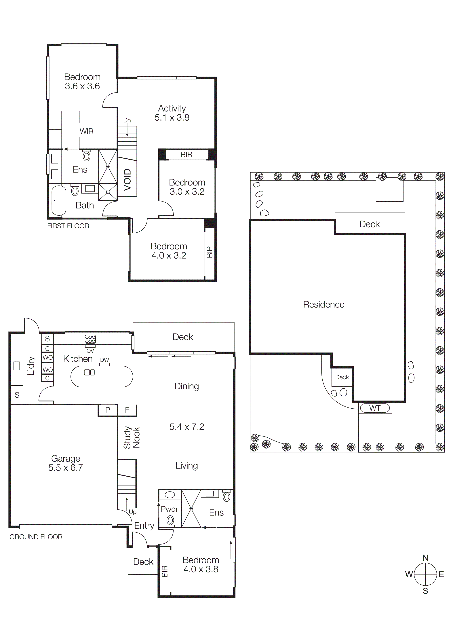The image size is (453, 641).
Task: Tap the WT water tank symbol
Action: pos(375,408)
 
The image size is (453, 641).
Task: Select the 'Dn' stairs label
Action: pos(127,120)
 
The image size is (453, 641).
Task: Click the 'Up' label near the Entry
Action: pos(133,512)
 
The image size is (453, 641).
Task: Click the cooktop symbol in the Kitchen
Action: pos(90,339)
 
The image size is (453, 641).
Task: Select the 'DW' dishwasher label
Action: pos(104,360)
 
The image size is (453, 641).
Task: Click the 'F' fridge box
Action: pos(127,410)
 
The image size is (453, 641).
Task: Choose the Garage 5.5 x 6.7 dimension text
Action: pos(66,468)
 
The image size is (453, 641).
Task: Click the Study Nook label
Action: pos(132,437)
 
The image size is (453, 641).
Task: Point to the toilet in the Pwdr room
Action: pos(170,520)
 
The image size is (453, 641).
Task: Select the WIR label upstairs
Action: pos(87,131)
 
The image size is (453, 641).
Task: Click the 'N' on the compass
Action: pos(425,558)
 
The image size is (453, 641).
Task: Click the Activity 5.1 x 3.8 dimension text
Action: pos(172,117)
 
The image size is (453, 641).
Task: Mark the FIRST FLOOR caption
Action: pos(68,226)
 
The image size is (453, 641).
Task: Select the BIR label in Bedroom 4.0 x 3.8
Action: pos(165,571)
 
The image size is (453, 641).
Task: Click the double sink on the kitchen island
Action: pos(89,372)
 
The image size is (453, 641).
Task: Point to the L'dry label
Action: pos(31,366)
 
